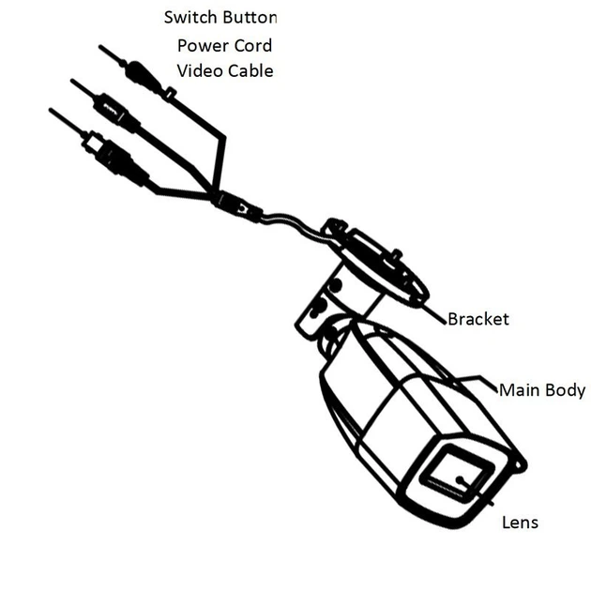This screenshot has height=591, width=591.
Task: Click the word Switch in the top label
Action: click(189, 17)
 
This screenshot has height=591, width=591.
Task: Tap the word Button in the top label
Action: click(250, 17)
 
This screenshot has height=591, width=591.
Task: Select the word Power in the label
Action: click(204, 46)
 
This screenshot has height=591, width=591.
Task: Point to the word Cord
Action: click(253, 46)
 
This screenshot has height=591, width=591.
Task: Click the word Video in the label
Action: click(200, 70)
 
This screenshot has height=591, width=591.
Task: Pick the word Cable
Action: click(250, 70)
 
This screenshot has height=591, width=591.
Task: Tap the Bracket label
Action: click(478, 319)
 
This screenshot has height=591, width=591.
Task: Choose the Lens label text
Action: click(520, 523)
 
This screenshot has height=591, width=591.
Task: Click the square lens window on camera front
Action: click(457, 477)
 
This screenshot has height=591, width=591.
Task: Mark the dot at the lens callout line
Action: click(460, 480)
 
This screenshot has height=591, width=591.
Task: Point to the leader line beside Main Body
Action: click(477, 381)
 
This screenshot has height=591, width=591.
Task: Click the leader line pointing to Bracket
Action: click(432, 312)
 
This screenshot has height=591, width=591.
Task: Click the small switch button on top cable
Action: click(170, 93)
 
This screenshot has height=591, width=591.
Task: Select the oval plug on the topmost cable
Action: click(143, 75)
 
